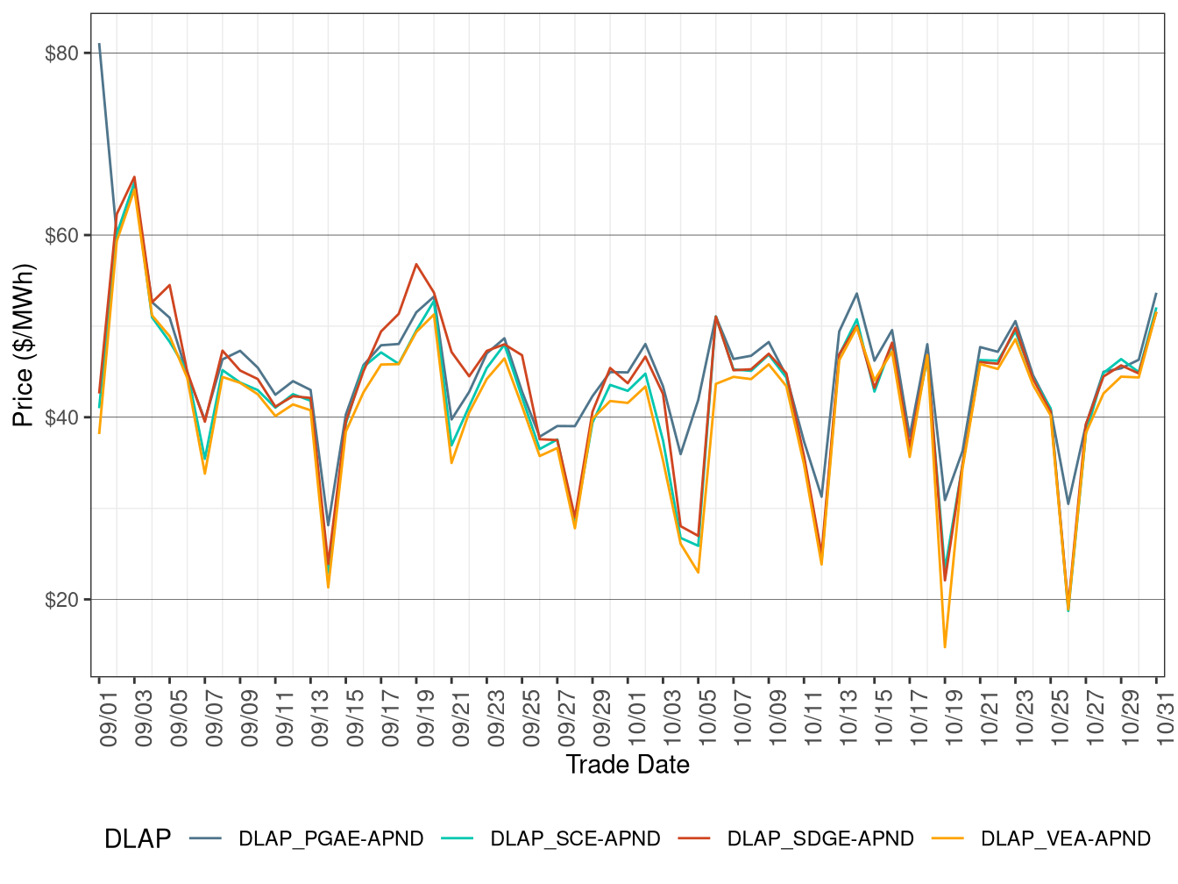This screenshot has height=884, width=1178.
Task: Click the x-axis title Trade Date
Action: [x=628, y=765]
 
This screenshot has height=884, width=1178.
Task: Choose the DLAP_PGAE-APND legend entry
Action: [x=330, y=839]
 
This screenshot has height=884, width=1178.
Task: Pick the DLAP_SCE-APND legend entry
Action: [x=575, y=839]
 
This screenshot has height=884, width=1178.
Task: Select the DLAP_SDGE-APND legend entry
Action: [x=820, y=839]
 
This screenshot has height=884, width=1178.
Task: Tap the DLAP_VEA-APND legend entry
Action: [x=1065, y=839]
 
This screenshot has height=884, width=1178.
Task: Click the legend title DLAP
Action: [x=138, y=839]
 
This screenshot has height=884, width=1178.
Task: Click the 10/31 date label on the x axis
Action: [x=1166, y=717]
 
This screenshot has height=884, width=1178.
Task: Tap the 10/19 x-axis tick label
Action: [x=954, y=717]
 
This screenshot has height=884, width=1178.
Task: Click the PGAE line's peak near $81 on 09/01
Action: [x=99, y=44]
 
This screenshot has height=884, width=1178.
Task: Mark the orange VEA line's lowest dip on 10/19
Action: [x=945, y=647]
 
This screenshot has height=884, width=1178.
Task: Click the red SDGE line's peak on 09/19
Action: [x=416, y=264]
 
